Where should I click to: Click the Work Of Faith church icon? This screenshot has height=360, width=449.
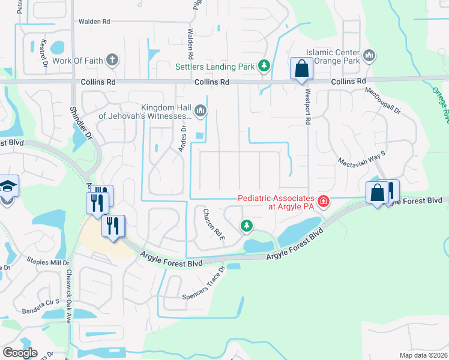(x=112, y=60)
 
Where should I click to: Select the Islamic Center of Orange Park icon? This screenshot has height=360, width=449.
(x=369, y=56)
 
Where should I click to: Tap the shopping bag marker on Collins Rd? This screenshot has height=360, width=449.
(x=301, y=68)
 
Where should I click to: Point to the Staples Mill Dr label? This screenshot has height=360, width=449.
(x=48, y=262)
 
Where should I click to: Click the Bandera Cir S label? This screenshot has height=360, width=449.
(x=41, y=302)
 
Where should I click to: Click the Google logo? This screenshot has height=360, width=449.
(x=20, y=352)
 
